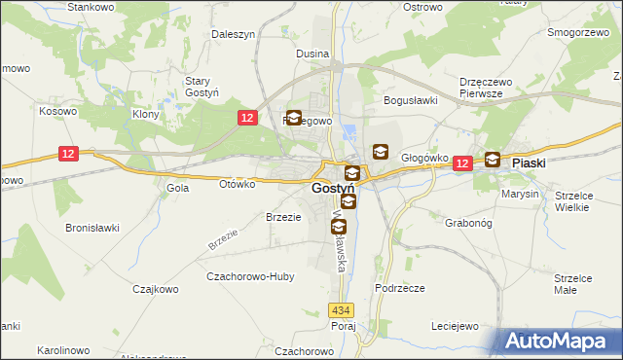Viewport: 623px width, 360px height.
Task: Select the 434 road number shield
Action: point(340,309)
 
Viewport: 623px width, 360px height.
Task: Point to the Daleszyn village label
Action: point(234,34)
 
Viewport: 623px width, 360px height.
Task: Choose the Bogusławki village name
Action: point(412,99)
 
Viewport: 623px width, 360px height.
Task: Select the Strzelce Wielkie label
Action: point(574,200)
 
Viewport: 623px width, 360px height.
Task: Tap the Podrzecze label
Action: point(399,289)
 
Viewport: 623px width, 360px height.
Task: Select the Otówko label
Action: point(238,183)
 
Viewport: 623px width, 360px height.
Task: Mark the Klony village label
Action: point(146,114)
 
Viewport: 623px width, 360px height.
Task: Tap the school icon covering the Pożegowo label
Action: point(294,120)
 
